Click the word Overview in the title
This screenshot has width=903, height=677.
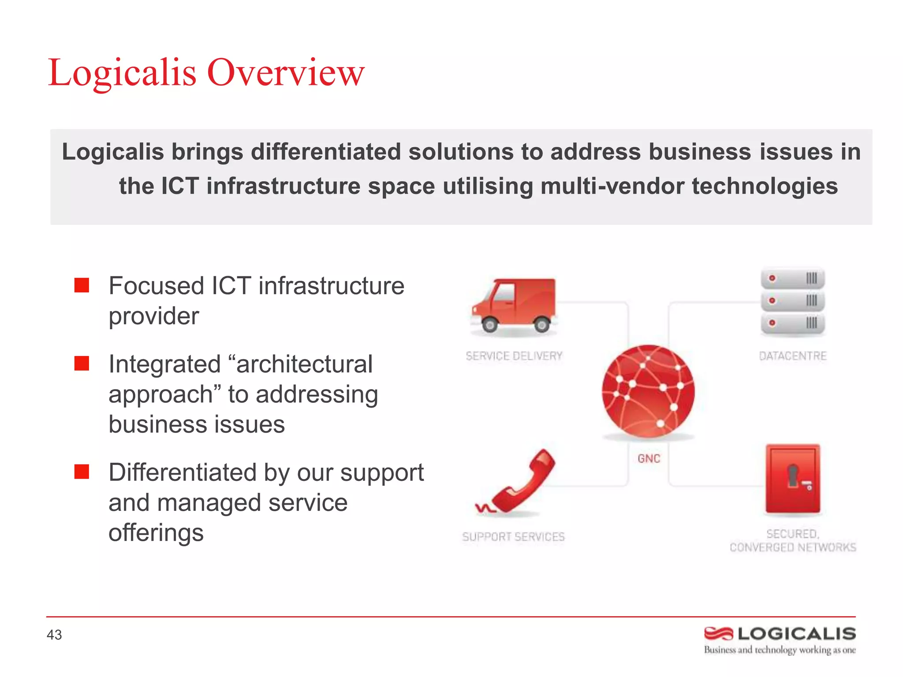coord(285,72)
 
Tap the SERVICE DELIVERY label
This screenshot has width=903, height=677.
coord(514,356)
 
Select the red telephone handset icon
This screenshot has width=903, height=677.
coord(518,483)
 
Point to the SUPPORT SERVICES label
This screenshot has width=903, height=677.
coord(513,537)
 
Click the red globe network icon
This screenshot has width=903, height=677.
coord(648,391)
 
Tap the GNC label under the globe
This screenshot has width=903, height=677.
coord(649,459)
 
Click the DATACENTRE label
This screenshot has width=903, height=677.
coord(792,356)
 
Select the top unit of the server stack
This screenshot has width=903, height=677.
coord(792,279)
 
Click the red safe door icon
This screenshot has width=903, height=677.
coord(792,480)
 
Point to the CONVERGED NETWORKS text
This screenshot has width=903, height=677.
coord(792,547)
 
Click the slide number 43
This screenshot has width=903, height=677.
coord(54,635)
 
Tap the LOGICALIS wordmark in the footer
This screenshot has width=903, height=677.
coord(796,634)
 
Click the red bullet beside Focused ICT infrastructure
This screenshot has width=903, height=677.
coord(82,286)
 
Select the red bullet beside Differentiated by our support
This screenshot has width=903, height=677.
coord(82,472)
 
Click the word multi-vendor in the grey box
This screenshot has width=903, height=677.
coord(612,186)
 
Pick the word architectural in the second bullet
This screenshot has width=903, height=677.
coord(304,364)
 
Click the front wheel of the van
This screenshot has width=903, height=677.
coord(489,325)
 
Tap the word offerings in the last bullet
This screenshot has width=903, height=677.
coord(156,532)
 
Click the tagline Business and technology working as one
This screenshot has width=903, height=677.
coord(780,650)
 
